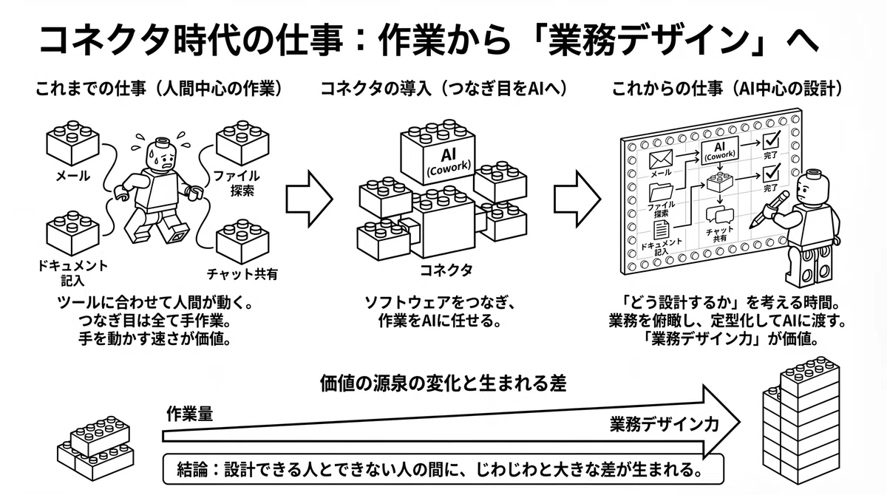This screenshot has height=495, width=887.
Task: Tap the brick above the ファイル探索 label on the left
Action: coord(242,143)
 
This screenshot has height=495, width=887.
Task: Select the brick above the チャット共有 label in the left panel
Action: coord(242,242)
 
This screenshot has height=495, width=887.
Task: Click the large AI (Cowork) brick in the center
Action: coord(438,152)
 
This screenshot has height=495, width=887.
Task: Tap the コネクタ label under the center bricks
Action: coord(446,270)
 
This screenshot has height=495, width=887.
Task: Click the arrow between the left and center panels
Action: coord(309,199)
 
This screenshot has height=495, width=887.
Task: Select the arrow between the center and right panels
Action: coord(577,199)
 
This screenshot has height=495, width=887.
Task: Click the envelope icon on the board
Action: coord(661,159)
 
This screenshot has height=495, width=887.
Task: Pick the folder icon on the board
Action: coord(661,192)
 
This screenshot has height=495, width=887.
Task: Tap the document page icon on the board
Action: coord(662,230)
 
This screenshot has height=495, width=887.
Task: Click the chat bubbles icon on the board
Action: coord(719,215)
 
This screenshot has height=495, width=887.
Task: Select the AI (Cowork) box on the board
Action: coord(719,151)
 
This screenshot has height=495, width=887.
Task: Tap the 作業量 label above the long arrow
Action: coord(190,414)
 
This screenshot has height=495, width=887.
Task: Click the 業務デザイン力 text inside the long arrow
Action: coord(665,424)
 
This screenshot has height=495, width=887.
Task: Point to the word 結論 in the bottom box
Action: coord(192,469)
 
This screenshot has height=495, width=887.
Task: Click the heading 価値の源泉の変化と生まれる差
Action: coord(443,383)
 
